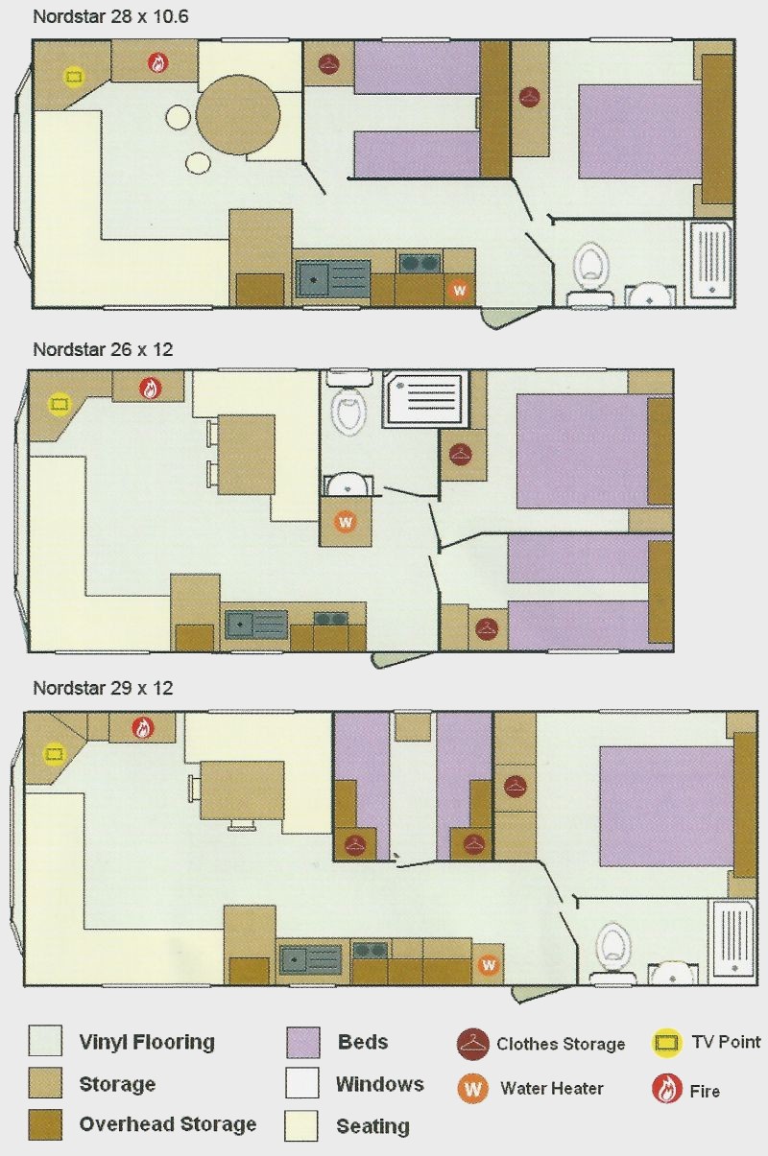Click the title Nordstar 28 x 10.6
pyautogui.click(x=110, y=17)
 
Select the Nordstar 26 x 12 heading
pyautogui.click(x=103, y=350)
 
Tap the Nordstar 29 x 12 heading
pyautogui.click(x=103, y=688)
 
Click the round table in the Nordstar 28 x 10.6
pyautogui.click(x=238, y=115)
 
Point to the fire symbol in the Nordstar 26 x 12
pyautogui.click(x=150, y=389)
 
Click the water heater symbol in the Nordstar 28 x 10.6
pyautogui.click(x=459, y=290)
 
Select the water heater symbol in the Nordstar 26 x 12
pyautogui.click(x=346, y=522)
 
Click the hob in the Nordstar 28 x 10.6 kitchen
pyautogui.click(x=420, y=263)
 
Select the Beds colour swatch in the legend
pyautogui.click(x=302, y=1042)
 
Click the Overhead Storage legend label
pyautogui.click(x=168, y=1124)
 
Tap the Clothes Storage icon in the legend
pyautogui.click(x=473, y=1043)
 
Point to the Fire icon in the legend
pyautogui.click(x=666, y=1089)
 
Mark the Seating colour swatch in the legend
pyautogui.click(x=301, y=1125)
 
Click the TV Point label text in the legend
pyautogui.click(x=726, y=1042)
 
